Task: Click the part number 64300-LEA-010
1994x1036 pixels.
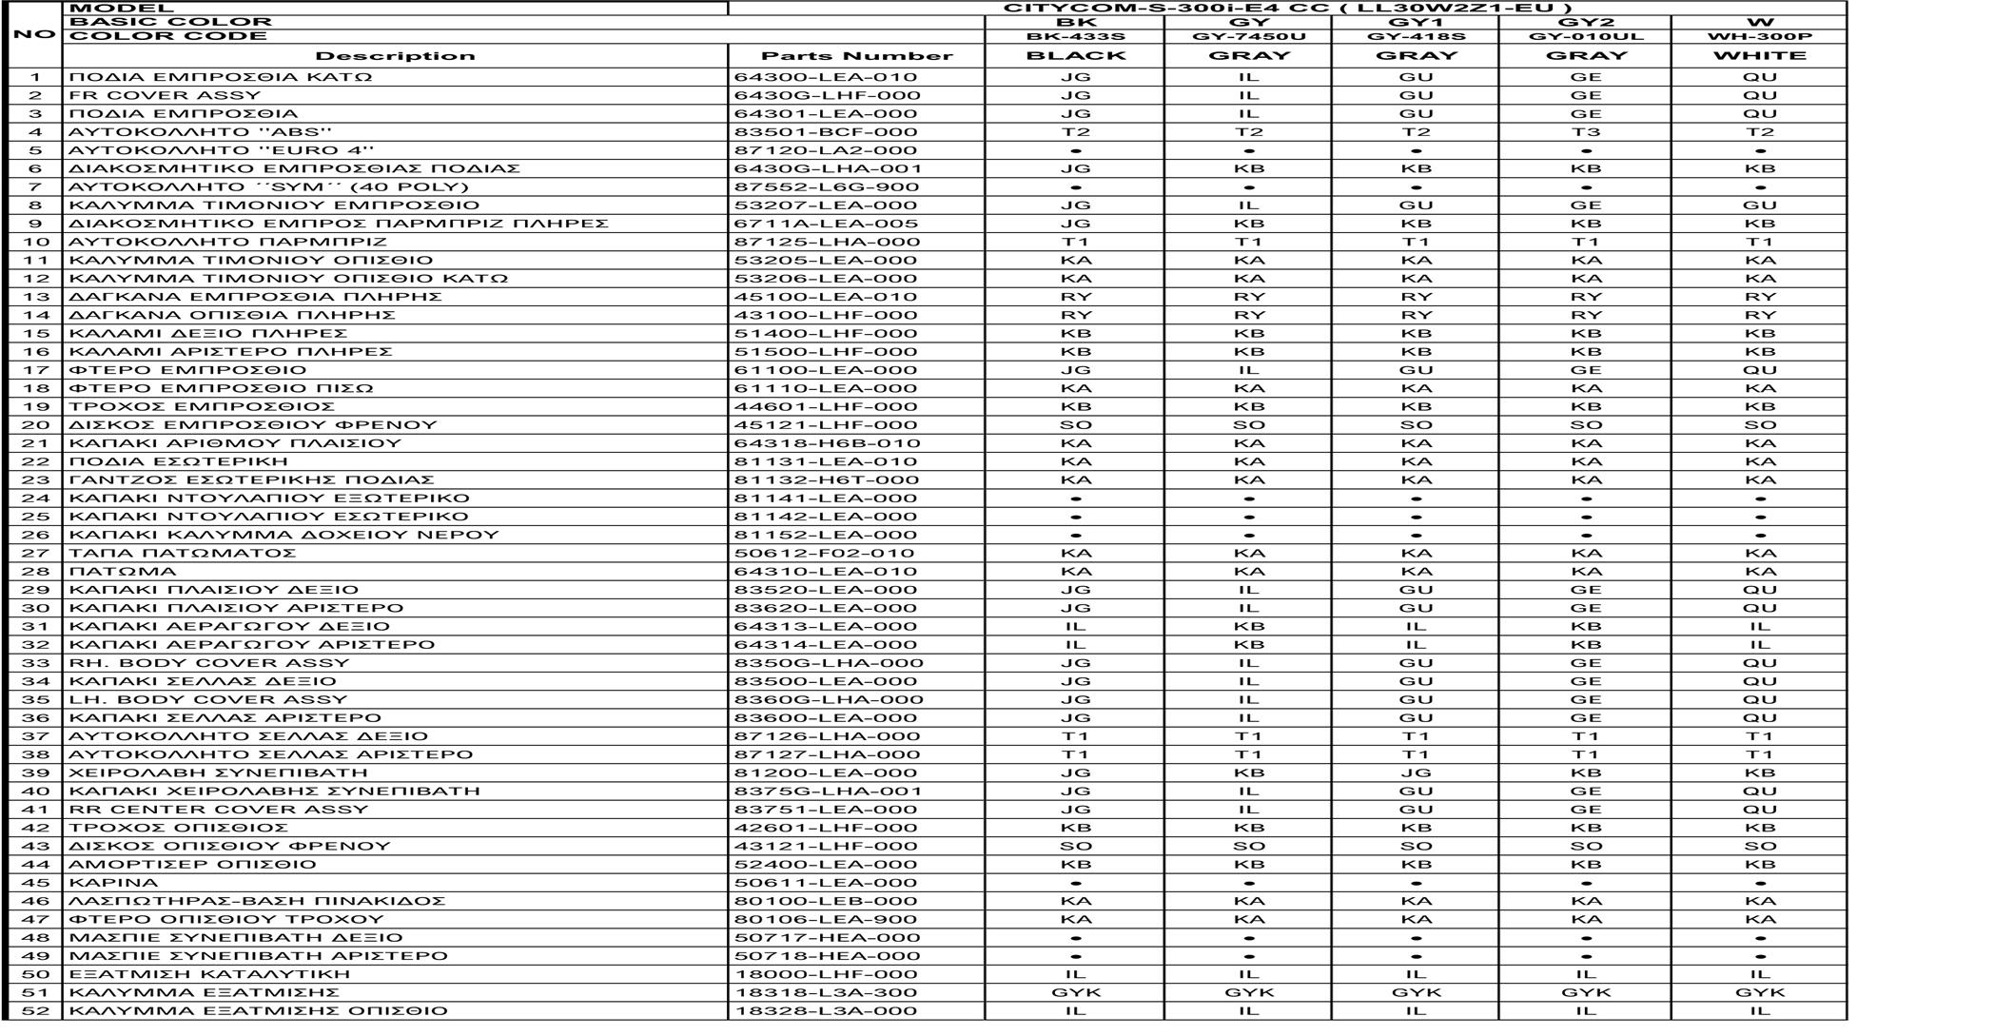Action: pyautogui.click(x=825, y=77)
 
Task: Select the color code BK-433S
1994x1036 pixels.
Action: pyautogui.click(x=1075, y=37)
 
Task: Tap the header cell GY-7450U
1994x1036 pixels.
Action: pyautogui.click(x=1248, y=37)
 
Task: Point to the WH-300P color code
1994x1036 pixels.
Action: pyautogui.click(x=1759, y=37)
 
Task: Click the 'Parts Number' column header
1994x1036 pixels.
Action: pyautogui.click(x=856, y=56)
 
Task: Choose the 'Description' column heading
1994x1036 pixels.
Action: pyautogui.click(x=395, y=56)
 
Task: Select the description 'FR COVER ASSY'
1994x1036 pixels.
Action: pyautogui.click(x=165, y=95)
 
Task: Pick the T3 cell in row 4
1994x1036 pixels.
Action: pyautogui.click(x=1585, y=132)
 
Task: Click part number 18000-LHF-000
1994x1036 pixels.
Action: pyautogui.click(x=825, y=974)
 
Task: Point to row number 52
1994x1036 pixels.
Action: pyautogui.click(x=35, y=1011)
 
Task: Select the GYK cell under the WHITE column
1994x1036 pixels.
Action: pyautogui.click(x=1759, y=992)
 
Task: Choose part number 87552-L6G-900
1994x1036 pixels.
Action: pyautogui.click(x=826, y=186)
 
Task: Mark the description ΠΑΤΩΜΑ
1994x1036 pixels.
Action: pyautogui.click(x=123, y=572)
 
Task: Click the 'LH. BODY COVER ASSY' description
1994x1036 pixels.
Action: pyautogui.click(x=208, y=699)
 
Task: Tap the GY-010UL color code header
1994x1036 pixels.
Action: pyautogui.click(x=1585, y=37)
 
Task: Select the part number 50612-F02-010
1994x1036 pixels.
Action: pyautogui.click(x=824, y=553)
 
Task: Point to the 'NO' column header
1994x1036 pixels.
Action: pyautogui.click(x=35, y=35)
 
